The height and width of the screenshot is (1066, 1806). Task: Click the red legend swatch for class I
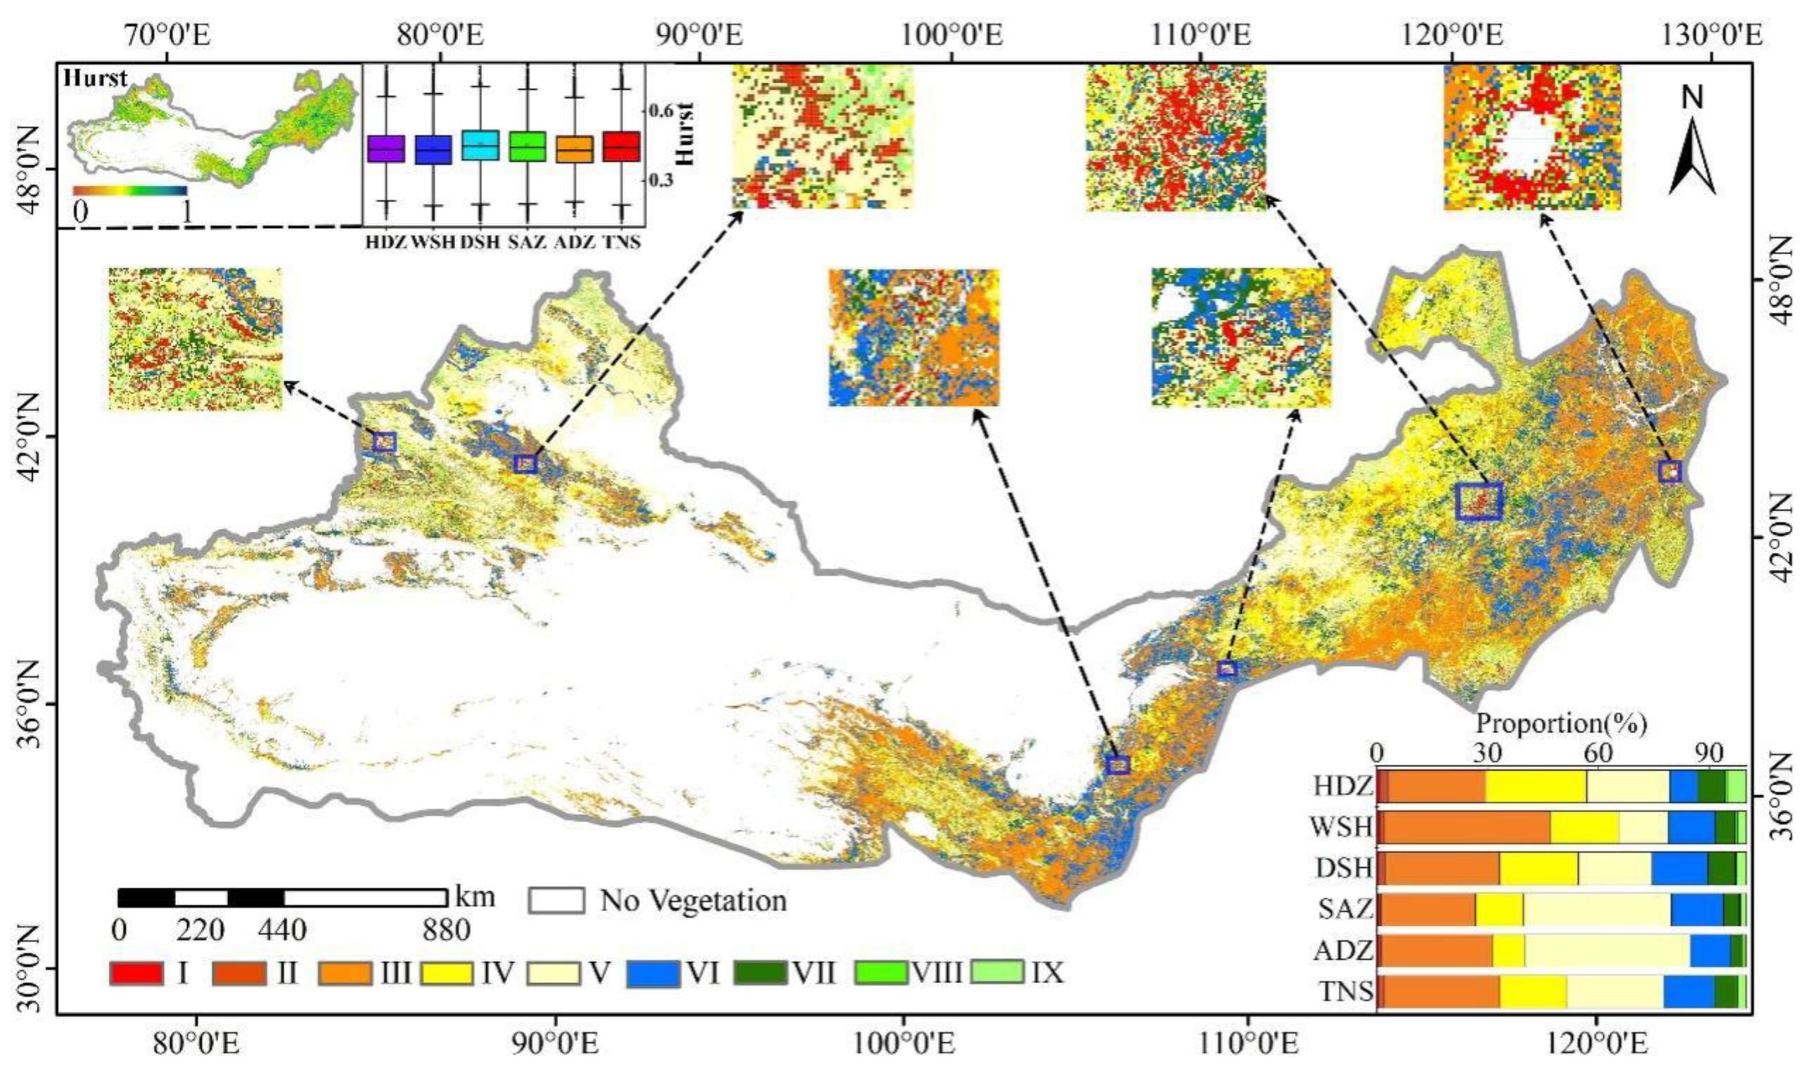[135, 973]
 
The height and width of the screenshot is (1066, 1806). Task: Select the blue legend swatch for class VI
[653, 973]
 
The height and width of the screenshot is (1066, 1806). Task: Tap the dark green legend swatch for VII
[761, 973]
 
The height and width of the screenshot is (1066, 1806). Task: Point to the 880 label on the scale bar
[446, 931]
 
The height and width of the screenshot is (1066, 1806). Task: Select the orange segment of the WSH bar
[1465, 827]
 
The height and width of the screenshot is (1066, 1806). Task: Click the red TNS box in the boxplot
[621, 147]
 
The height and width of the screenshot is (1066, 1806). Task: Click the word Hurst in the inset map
[95, 78]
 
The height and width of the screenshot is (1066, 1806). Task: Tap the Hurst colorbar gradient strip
[129, 191]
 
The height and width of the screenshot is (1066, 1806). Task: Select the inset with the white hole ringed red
[1532, 137]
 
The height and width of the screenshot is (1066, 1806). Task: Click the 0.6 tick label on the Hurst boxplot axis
[662, 112]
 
